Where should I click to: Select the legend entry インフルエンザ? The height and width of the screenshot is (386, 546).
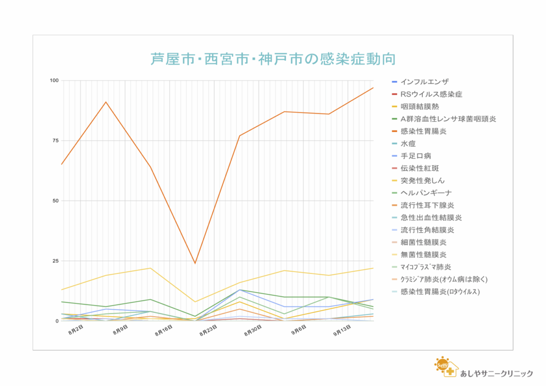point(424,82)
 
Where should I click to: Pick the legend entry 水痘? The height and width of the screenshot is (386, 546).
point(408,143)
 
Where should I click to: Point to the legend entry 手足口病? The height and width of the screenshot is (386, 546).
point(415,156)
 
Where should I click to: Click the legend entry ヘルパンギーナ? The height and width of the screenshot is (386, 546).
point(427,192)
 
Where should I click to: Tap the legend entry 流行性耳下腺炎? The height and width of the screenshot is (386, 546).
point(427,205)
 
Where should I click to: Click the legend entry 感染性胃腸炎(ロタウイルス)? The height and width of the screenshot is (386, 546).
point(440,292)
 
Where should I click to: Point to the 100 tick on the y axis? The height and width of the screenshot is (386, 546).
point(53,81)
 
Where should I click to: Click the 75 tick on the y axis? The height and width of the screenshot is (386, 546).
point(55,141)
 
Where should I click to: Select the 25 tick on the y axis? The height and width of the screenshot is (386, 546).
point(55,261)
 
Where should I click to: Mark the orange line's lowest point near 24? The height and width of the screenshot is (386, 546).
point(195,263)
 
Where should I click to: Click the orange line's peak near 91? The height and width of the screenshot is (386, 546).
point(106,102)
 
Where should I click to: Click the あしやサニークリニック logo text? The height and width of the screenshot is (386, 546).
point(496,373)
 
